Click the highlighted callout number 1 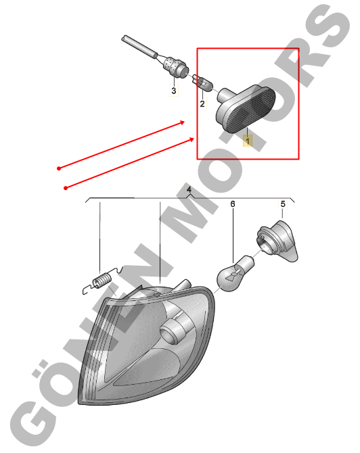pos(248,141)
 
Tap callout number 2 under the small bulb pos(202,103)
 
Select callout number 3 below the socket pos(173,91)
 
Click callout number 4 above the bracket pos(189,190)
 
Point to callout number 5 pos(283,204)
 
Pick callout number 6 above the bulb pos(233,204)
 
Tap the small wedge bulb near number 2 pos(202,83)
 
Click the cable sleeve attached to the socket pos(139,47)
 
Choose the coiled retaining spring pos(102,281)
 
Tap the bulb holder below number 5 pos(277,241)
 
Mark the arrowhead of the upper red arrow pos(182,122)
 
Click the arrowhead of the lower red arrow pos(192,140)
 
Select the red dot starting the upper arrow pos(59,168)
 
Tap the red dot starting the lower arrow pos(66,188)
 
